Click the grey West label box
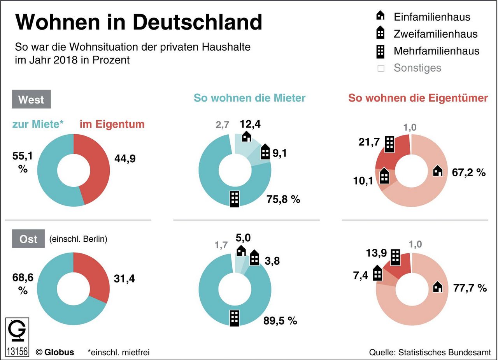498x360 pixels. coord(31,99)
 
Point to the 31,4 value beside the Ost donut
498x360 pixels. coord(124,279)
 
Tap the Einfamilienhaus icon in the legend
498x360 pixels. coord(381,16)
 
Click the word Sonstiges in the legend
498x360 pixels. coord(417,68)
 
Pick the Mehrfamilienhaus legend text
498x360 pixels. coord(437,51)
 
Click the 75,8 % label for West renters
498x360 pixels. coord(284,199)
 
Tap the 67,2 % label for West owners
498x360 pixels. coord(469,172)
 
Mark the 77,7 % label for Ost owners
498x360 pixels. coord(470,288)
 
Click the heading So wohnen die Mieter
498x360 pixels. coord(249,98)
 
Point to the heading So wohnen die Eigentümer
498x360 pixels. coord(418,98)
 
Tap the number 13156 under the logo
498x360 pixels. coord(17,350)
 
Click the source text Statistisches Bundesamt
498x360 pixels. coord(430,352)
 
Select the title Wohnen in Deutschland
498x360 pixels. coord(139,22)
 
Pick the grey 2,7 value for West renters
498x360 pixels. coord(222,125)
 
